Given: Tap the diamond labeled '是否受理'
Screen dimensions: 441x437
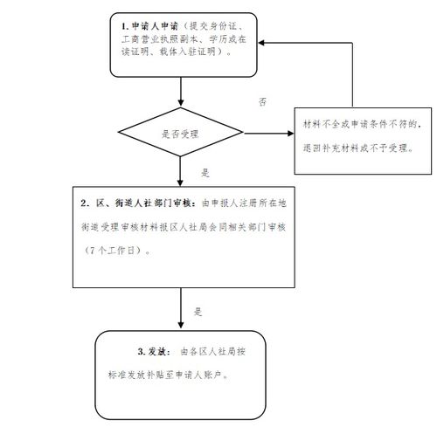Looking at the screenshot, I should pos(180,134).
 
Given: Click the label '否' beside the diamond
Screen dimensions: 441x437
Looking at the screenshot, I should pos(262,103).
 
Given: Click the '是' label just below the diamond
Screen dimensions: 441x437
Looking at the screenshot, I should pos(205,172).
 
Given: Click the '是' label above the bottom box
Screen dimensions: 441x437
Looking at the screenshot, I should pos(198,311).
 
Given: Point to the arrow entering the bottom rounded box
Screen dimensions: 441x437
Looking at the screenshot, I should pos(180,322).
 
